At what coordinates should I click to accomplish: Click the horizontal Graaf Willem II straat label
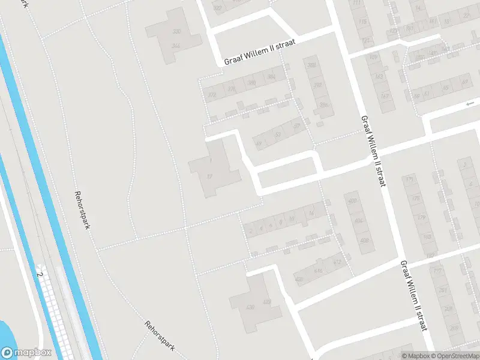pos(260,56)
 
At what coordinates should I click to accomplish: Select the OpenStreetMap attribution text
pos(455,356)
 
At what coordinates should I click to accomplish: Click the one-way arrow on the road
pos(470,104)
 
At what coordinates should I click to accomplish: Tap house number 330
pos(176,31)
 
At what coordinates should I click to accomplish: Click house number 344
pos(176,46)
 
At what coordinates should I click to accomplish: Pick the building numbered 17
pos(210,176)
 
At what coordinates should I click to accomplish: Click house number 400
pos(352,201)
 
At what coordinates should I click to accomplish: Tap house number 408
pos(364,241)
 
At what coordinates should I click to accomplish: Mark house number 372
pos(211,95)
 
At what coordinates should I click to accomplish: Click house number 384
pos(271,77)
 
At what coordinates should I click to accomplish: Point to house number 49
pos(259,143)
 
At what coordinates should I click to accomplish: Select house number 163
pos(379,77)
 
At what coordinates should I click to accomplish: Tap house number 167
pos(384,96)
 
